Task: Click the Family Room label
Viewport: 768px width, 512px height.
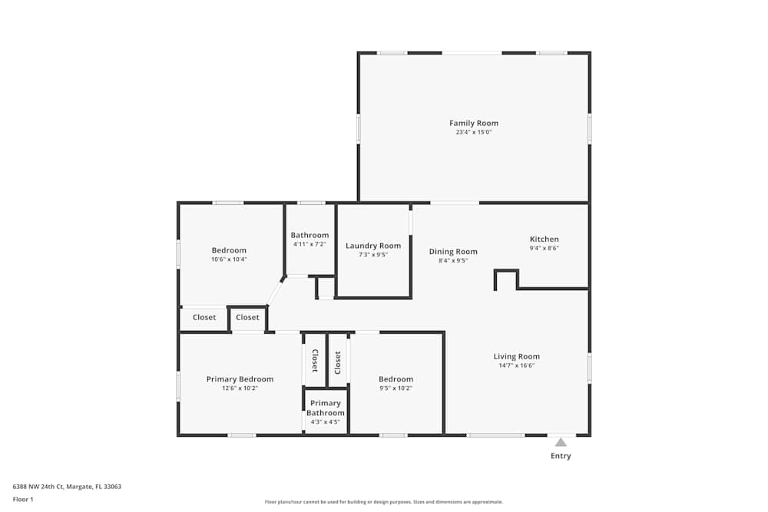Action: tap(474, 123)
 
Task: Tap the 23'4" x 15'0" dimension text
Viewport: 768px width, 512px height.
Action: tap(474, 132)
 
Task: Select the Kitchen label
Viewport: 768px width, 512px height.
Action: tap(545, 239)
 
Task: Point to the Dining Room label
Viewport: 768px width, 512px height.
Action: tap(453, 251)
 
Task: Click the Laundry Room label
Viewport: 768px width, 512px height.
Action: tap(373, 246)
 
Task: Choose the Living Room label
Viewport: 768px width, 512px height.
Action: tap(516, 356)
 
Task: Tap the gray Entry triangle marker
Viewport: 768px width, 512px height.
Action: tap(561, 441)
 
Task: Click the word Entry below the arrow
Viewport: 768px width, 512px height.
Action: tap(561, 456)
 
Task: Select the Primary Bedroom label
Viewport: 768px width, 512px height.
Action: tap(240, 378)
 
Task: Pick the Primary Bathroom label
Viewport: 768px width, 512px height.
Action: tap(326, 408)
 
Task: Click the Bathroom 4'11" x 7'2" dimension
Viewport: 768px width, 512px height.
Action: tap(310, 244)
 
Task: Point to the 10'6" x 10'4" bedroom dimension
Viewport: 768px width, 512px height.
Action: tap(229, 259)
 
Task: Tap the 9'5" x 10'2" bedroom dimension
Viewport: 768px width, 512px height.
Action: tap(396, 388)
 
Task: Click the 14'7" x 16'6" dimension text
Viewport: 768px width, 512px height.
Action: tap(516, 365)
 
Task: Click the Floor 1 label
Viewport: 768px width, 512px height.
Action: tap(23, 499)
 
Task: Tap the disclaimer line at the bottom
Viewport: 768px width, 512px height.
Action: tap(384, 501)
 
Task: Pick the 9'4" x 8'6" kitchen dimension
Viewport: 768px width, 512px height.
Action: tap(545, 248)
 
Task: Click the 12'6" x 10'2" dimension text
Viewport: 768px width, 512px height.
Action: tap(240, 388)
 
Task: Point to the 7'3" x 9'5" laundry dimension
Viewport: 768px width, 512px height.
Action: tap(373, 255)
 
